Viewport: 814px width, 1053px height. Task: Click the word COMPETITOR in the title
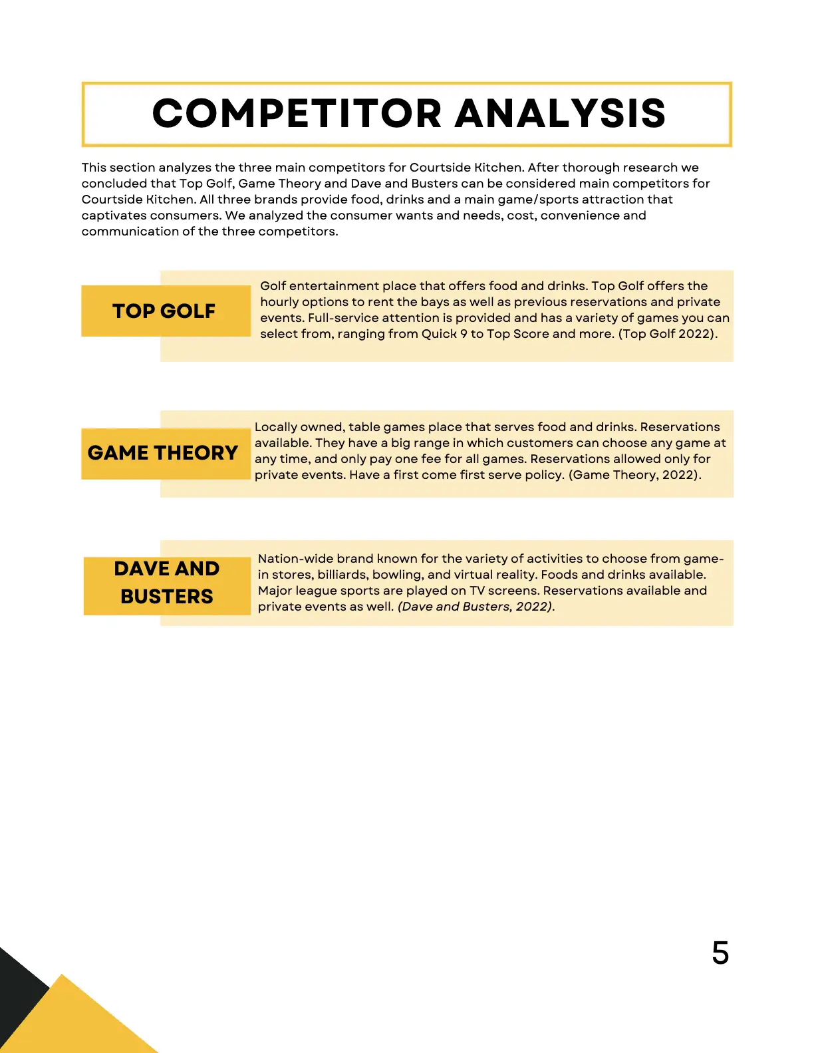coord(297,113)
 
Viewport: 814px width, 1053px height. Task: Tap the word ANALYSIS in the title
coord(560,113)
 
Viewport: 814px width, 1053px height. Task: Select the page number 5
coord(720,953)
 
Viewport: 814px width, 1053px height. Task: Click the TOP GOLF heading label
coord(164,311)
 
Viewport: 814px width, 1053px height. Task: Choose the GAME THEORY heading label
coord(163,453)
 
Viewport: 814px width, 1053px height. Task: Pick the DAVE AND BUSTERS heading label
coord(167,583)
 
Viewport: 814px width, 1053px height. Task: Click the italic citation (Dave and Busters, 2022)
coord(475,607)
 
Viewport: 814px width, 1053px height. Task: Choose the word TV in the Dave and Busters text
coord(477,591)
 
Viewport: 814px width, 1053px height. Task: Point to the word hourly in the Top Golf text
coord(279,302)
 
